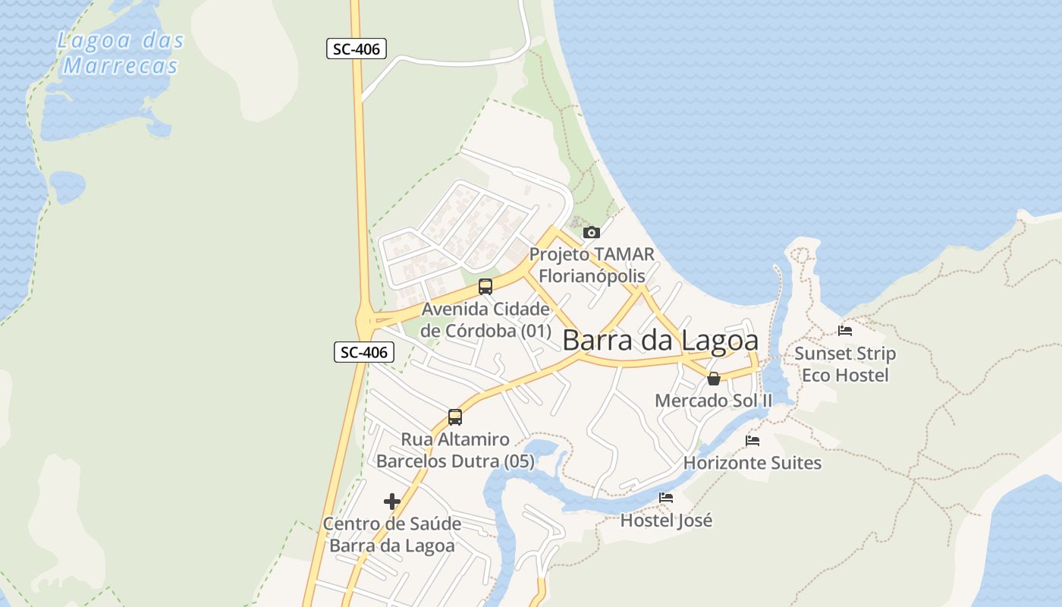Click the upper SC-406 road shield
(x=357, y=49)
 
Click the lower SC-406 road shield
(x=364, y=352)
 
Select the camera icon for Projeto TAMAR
(x=591, y=233)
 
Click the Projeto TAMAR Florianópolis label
(x=592, y=265)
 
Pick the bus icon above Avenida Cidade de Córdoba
(x=485, y=287)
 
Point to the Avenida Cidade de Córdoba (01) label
(x=485, y=320)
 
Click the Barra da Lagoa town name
(x=660, y=341)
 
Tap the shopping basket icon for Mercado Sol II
(x=714, y=379)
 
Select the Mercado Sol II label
(x=713, y=400)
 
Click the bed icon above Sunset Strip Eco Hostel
(x=845, y=331)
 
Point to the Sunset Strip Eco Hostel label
(x=845, y=364)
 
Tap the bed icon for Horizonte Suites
(x=753, y=440)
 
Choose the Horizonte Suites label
(x=753, y=462)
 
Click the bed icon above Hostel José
(x=666, y=498)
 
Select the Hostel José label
(x=666, y=521)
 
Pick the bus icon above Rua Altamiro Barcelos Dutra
(x=455, y=417)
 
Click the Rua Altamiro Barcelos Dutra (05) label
(x=455, y=450)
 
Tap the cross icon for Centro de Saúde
(x=392, y=502)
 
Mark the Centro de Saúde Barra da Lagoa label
(x=392, y=535)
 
